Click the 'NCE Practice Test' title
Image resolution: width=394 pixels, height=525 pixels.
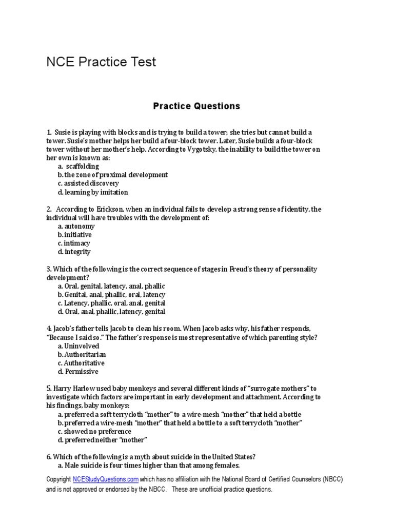point(101,63)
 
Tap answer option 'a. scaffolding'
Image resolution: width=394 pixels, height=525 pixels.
point(78,166)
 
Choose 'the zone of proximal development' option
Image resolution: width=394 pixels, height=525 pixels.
point(113,175)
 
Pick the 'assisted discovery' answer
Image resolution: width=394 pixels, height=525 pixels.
point(88,184)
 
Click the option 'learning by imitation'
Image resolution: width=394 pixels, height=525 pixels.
point(93,192)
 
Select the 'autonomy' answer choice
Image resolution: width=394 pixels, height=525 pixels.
point(76,226)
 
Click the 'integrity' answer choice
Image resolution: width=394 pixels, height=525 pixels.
point(74,252)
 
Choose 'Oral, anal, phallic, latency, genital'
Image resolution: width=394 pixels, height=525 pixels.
point(111,311)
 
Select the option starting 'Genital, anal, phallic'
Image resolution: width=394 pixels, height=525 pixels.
point(111,294)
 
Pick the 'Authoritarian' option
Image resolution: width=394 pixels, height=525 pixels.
point(82,354)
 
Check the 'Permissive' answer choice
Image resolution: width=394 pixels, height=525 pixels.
point(78,371)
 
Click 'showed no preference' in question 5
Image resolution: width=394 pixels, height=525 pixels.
point(94,431)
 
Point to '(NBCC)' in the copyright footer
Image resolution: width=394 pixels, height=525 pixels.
point(332,479)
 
